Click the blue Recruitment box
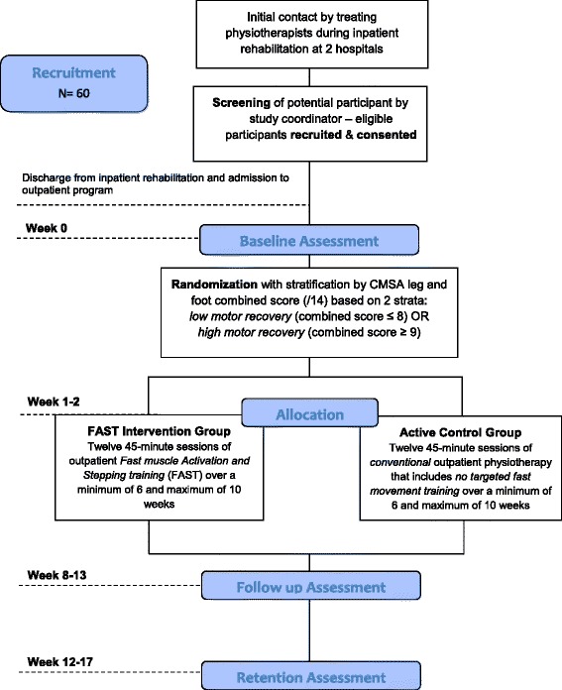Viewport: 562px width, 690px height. tap(74, 83)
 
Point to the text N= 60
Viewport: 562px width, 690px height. tap(74, 93)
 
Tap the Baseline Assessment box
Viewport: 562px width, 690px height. tap(309, 240)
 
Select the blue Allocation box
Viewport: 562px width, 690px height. tap(310, 412)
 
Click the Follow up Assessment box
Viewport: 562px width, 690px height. tap(311, 586)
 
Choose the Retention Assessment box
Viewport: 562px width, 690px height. tap(311, 675)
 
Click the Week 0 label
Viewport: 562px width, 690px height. tap(47, 228)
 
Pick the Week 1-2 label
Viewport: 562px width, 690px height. tap(54, 402)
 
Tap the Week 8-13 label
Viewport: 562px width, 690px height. tap(56, 575)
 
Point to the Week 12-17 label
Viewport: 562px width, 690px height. tap(59, 662)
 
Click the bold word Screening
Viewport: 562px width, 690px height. tap(241, 103)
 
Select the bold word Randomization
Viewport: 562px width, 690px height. tap(214, 285)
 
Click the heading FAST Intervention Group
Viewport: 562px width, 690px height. tap(159, 431)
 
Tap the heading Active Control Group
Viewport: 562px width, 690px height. tap(460, 432)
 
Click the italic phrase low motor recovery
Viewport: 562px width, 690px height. tap(240, 316)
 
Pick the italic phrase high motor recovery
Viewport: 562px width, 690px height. tap(251, 332)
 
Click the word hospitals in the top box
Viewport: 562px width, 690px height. tap(359, 49)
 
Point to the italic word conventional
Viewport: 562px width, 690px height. tap(400, 463)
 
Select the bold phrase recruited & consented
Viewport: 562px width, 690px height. tap(354, 135)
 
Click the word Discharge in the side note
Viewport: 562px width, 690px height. tap(47, 178)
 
